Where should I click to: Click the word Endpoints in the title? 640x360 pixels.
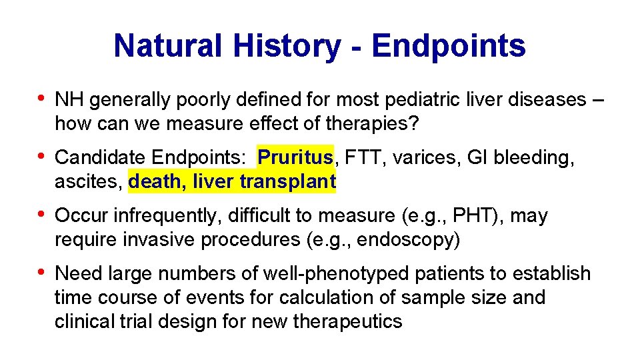pyautogui.click(x=449, y=46)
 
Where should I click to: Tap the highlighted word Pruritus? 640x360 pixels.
pyautogui.click(x=295, y=157)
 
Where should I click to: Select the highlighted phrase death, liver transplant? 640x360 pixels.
pyautogui.click(x=232, y=181)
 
